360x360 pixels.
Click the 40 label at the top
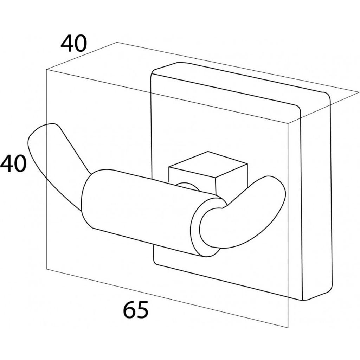74,43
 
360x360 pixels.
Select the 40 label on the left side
13,163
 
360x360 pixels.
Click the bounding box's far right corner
359,92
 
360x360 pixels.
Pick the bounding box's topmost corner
117,42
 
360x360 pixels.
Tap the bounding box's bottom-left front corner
46,269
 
